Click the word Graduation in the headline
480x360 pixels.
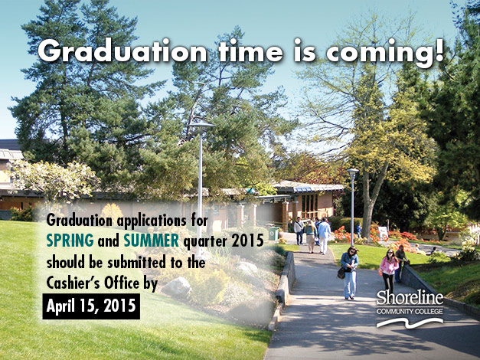pyautogui.click(x=122, y=51)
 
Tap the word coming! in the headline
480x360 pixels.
pyautogui.click(x=385, y=52)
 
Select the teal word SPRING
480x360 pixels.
pyautogui.click(x=70, y=241)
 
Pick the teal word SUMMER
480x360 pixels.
pyautogui.click(x=152, y=241)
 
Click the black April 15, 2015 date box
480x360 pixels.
pyautogui.click(x=91, y=306)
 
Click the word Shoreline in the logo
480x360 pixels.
pyautogui.click(x=410, y=297)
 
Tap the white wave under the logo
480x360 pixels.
pyautogui.click(x=410, y=322)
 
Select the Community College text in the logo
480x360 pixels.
pyautogui.click(x=410, y=312)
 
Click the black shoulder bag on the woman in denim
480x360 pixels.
pyautogui.click(x=341, y=273)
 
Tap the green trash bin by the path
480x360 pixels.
pyautogui.click(x=273, y=233)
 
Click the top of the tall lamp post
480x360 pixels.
pyautogui.click(x=201, y=125)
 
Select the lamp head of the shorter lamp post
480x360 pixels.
pyautogui.click(x=352, y=170)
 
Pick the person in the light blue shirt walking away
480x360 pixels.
pyautogui.click(x=324, y=235)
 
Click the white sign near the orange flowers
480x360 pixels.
pyautogui.click(x=383, y=233)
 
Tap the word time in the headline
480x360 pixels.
pyautogui.click(x=250, y=51)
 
